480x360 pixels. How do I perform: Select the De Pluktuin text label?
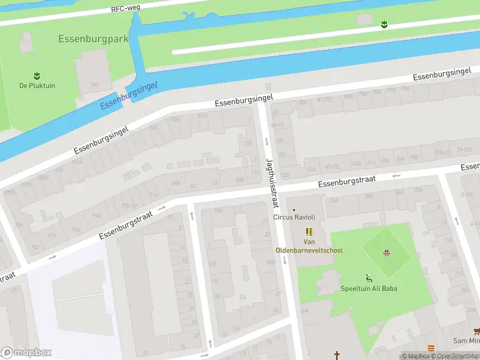coord(37,86)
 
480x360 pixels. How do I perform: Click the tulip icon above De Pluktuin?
coord(37,76)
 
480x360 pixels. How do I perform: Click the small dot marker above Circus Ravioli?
coord(293,210)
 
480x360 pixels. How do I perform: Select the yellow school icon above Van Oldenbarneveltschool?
coord(309,232)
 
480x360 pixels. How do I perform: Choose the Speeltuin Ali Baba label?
coord(369,289)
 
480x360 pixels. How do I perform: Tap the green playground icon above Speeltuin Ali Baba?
coord(369,278)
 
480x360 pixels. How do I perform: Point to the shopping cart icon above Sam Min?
coord(476,331)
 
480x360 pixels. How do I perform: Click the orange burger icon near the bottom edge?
coord(431,349)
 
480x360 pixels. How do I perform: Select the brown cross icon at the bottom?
coord(337,355)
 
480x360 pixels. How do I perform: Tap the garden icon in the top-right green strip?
coord(384,24)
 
